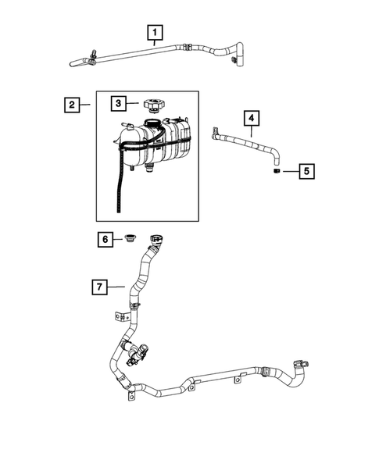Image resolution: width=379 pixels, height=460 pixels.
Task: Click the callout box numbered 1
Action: (x=156, y=33)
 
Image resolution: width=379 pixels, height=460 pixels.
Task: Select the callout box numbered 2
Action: (x=71, y=104)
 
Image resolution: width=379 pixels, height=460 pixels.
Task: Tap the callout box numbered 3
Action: (x=118, y=103)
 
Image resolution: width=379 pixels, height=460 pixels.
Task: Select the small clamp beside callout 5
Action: (x=276, y=169)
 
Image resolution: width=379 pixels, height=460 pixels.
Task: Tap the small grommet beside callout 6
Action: (x=132, y=238)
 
